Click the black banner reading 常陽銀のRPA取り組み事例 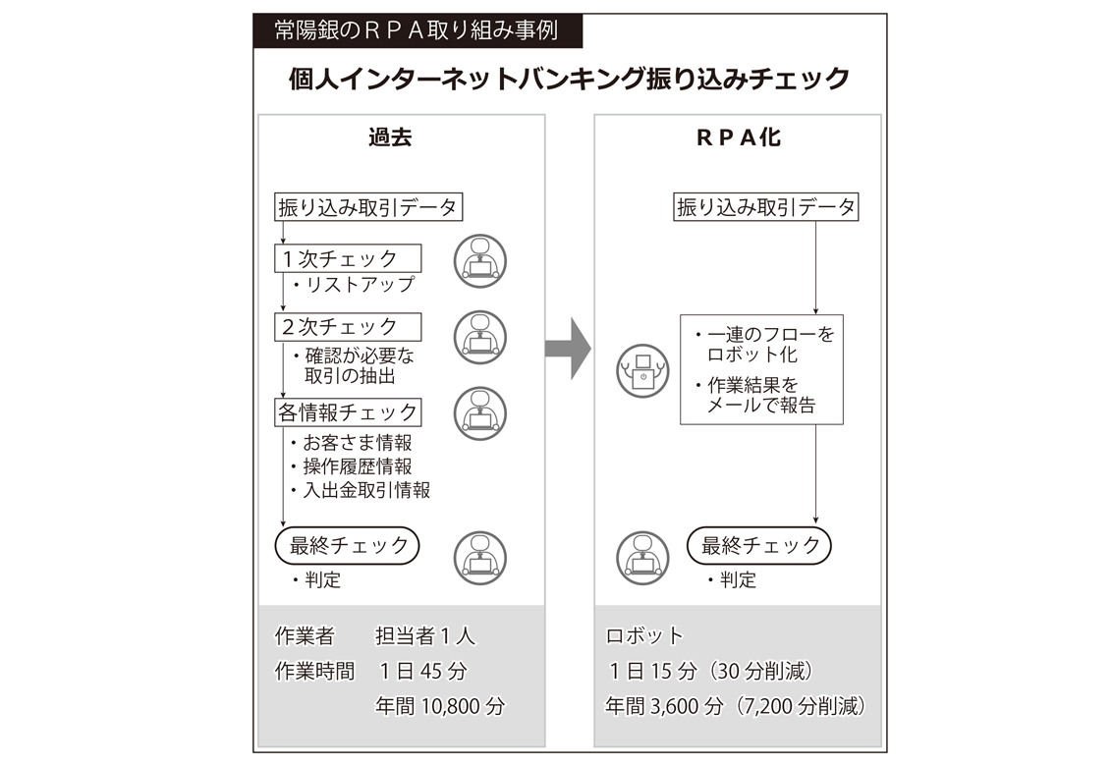(417, 30)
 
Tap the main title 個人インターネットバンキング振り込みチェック (570, 79)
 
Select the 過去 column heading (390, 137)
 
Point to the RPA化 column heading (739, 137)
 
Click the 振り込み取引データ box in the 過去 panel (368, 207)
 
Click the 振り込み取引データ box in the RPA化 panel (766, 206)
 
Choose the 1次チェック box (348, 258)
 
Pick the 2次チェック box (348, 327)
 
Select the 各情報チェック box (348, 411)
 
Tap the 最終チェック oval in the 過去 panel (347, 545)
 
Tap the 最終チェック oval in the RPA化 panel (758, 545)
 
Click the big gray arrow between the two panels (568, 349)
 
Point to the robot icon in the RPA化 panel (642, 370)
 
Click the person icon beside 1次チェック (480, 261)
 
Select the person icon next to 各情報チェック (480, 413)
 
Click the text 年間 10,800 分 (440, 706)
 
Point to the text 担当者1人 (425, 635)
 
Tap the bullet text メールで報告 (761, 405)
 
